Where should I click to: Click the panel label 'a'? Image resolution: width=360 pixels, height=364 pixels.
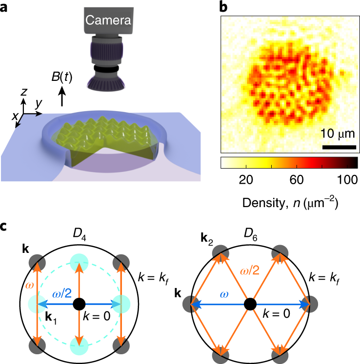[x=5, y=7]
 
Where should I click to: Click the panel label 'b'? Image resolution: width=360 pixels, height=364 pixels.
[x=223, y=6]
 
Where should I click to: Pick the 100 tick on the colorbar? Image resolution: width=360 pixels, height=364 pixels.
[x=344, y=179]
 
